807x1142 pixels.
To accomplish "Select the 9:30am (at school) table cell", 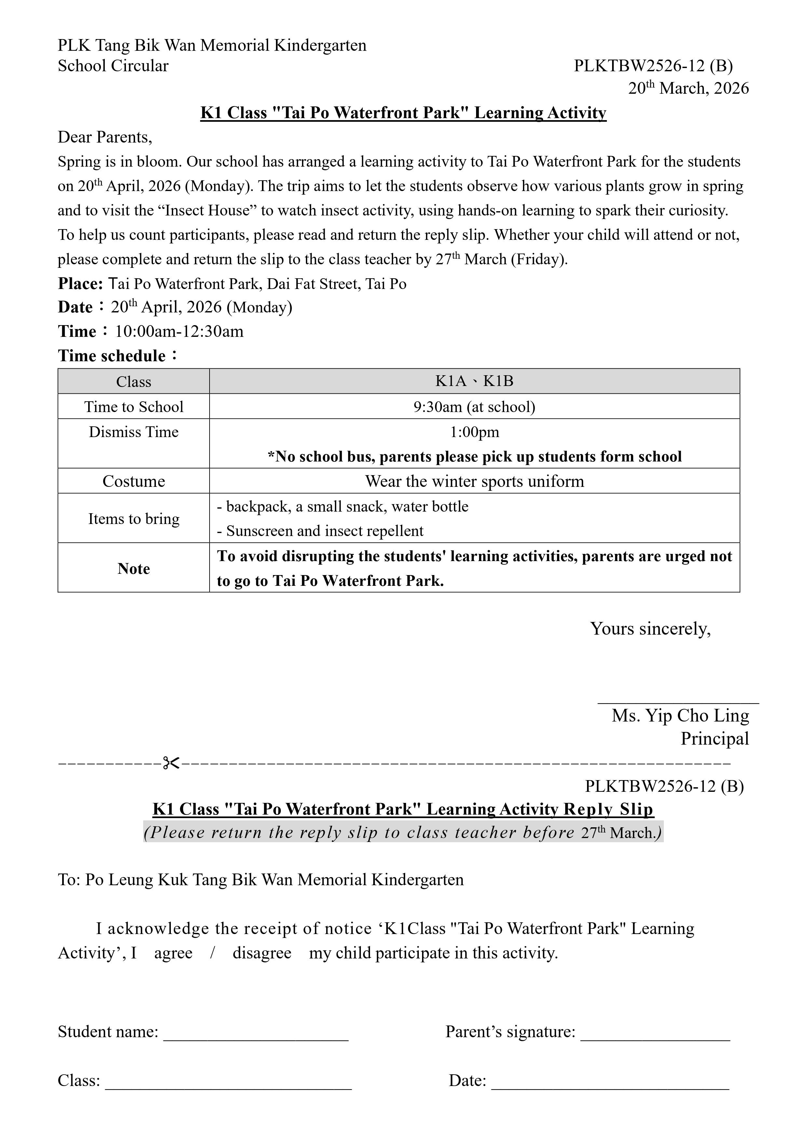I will pyautogui.click(x=474, y=407).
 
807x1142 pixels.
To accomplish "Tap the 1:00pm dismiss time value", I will pyautogui.click(x=474, y=432).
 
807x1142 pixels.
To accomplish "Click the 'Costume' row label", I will pyautogui.click(x=133, y=481).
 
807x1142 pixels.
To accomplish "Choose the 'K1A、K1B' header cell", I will pyautogui.click(x=474, y=381).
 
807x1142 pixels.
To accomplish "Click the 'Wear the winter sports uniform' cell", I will pyautogui.click(x=474, y=481).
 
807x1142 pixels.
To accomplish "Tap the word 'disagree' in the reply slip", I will pyautogui.click(x=262, y=953).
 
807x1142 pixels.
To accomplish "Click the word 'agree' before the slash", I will pyautogui.click(x=173, y=953).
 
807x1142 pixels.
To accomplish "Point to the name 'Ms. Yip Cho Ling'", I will pyautogui.click(x=680, y=715).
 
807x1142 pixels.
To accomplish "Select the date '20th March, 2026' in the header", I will pyautogui.click(x=688, y=88).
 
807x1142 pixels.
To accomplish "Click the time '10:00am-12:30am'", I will pyautogui.click(x=180, y=331).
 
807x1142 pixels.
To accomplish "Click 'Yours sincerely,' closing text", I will pyautogui.click(x=650, y=629).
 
